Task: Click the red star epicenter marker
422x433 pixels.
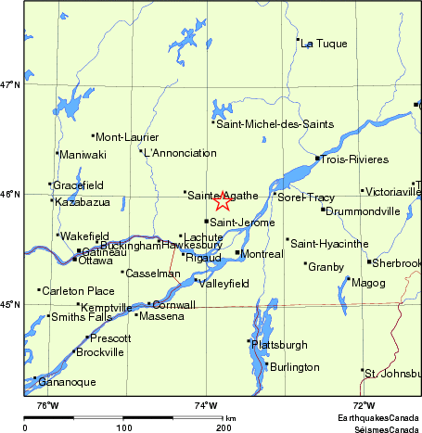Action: tap(223, 201)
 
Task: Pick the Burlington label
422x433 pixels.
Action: tap(294, 368)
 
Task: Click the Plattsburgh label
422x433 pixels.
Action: tap(279, 345)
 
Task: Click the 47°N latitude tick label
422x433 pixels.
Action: tap(10, 85)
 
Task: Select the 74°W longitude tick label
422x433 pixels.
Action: tap(205, 405)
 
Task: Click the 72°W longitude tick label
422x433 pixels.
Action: tap(363, 405)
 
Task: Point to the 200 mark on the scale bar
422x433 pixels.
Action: tap(224, 428)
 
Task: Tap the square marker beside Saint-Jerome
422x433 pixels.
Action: tap(207, 222)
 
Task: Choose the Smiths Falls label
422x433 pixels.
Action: tap(82, 317)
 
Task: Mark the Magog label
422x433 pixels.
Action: tap(369, 282)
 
